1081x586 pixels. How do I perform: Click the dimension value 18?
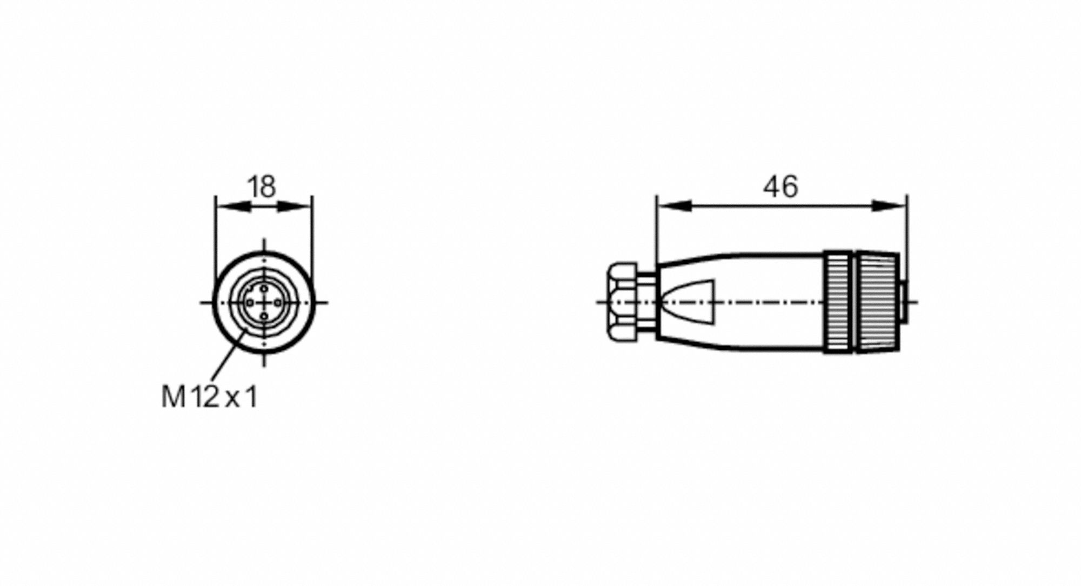[262, 187]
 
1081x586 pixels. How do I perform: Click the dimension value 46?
[780, 187]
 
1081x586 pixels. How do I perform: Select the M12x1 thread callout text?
[210, 397]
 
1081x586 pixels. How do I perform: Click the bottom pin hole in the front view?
[264, 316]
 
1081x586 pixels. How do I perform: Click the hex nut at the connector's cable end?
[622, 302]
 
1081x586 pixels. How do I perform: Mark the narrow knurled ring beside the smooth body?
[837, 302]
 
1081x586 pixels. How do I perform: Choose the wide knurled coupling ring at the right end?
[877, 302]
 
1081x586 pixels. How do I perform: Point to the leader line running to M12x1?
[227, 354]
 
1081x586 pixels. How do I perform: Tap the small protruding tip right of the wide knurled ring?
[904, 302]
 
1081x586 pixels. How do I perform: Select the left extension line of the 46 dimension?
[656, 232]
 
